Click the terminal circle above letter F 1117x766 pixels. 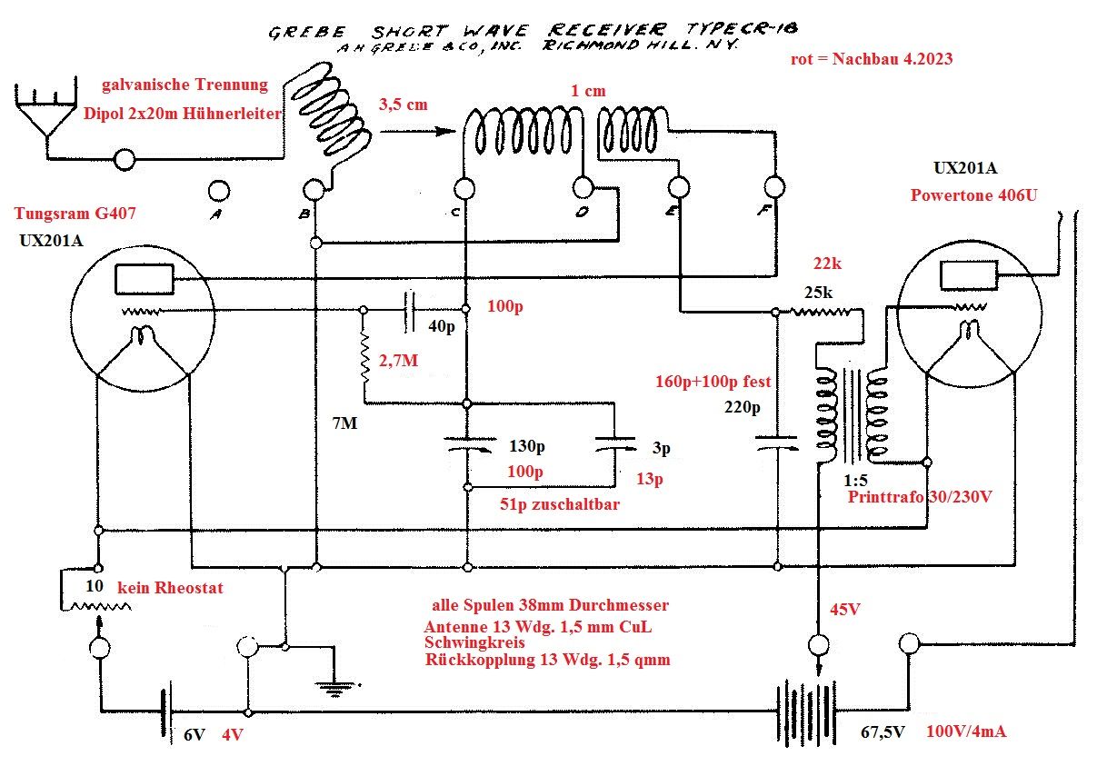pos(774,187)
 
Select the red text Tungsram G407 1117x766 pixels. pos(69,214)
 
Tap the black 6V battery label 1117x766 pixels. pos(195,735)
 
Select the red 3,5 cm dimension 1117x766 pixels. pos(404,104)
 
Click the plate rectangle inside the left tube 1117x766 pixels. pos(144,280)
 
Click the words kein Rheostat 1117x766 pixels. pos(170,588)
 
